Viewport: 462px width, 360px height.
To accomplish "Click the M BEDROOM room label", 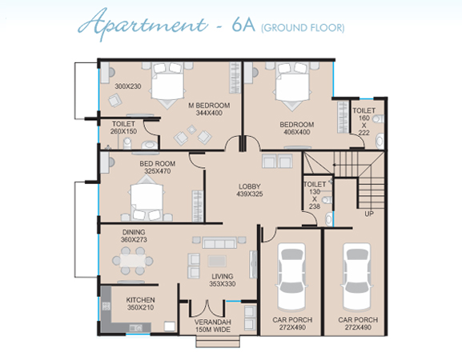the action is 209,106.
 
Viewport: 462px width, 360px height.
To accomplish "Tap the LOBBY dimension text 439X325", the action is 250,194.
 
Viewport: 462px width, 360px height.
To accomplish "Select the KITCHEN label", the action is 141,300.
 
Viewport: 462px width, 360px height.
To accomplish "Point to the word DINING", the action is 134,232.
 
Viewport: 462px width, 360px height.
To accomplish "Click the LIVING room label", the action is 223,277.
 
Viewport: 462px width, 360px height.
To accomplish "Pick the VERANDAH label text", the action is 213,322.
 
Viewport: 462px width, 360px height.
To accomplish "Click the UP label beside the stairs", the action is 369,214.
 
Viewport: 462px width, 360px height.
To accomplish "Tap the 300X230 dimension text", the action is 128,86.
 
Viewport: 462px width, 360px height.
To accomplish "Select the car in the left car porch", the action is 291,277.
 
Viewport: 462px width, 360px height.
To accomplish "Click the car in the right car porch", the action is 357,277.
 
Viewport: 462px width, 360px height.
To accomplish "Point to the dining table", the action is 133,261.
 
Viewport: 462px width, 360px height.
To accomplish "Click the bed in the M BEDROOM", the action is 167,84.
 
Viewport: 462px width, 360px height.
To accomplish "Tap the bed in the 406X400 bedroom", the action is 292,85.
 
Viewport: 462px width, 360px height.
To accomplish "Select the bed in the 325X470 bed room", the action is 147,198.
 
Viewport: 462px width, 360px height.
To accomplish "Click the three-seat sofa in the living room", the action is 219,243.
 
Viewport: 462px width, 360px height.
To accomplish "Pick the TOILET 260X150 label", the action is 124,127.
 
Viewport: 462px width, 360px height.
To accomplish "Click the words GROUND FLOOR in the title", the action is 303,28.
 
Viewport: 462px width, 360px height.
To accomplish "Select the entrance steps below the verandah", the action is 218,342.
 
